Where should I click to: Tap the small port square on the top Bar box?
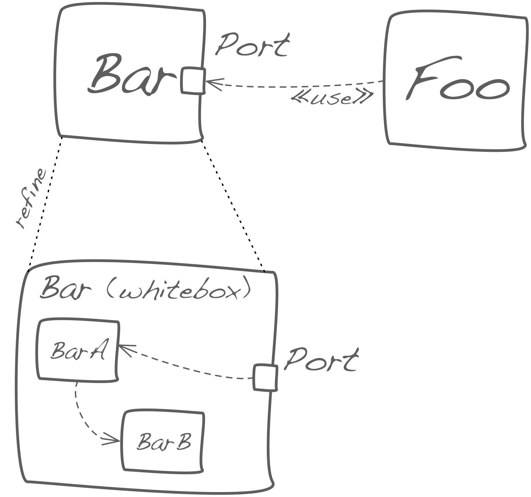pyautogui.click(x=193, y=81)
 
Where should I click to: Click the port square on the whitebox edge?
pyautogui.click(x=265, y=377)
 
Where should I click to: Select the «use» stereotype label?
pyautogui.click(x=332, y=97)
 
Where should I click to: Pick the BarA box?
pyautogui.click(x=78, y=350)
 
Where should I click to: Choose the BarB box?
pyautogui.click(x=163, y=441)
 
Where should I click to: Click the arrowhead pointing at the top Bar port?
pyautogui.click(x=212, y=83)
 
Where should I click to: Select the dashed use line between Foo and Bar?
pyautogui.click(x=296, y=86)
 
